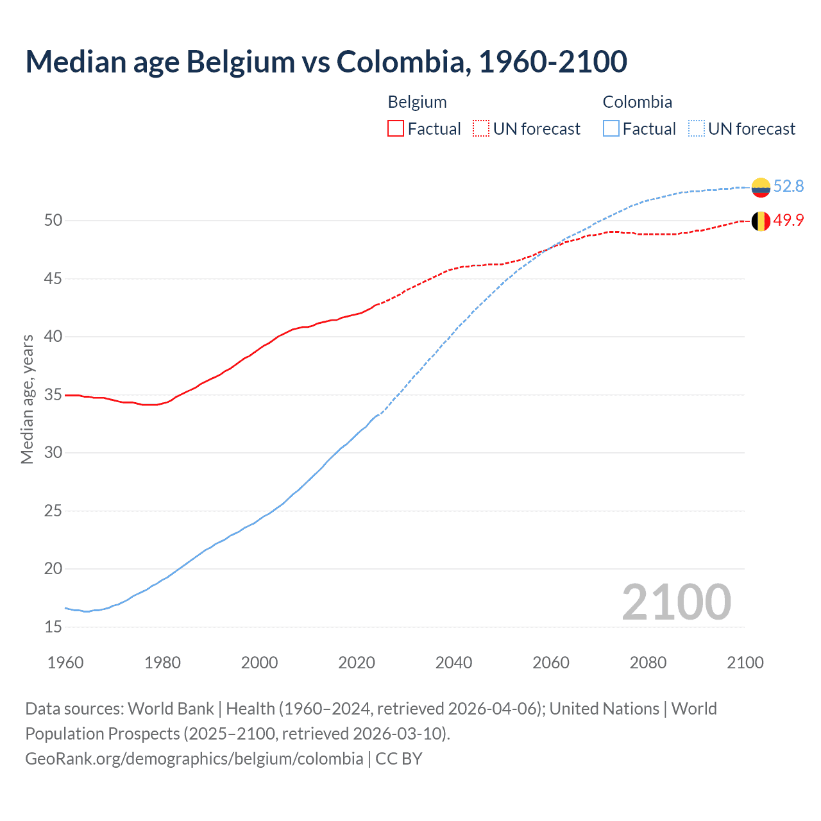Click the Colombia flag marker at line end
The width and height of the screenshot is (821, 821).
(x=761, y=187)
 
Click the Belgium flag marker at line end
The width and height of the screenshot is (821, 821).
(x=761, y=221)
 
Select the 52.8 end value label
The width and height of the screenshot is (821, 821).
(x=788, y=186)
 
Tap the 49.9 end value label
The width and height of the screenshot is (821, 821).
(x=788, y=220)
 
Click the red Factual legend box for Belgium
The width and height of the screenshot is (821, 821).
(x=396, y=129)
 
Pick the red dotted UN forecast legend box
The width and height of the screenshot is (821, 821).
(x=481, y=129)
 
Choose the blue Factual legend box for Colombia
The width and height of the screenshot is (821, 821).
(x=611, y=129)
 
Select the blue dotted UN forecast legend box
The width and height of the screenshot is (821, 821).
(x=697, y=129)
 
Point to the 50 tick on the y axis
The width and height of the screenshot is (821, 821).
(x=53, y=220)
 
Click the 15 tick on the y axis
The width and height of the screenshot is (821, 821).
(x=53, y=627)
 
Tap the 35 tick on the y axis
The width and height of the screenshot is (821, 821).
(x=53, y=394)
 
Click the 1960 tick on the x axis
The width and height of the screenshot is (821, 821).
(x=65, y=663)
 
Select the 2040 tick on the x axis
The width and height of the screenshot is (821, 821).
(x=453, y=663)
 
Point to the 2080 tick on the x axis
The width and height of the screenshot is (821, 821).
(x=648, y=663)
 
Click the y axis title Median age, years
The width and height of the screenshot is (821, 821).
(x=27, y=399)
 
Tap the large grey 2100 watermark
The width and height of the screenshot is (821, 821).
(x=676, y=602)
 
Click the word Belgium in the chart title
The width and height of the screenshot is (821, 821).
(x=241, y=62)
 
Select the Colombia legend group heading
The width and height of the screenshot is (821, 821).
(x=637, y=102)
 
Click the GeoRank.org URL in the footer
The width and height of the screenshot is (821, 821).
(x=194, y=759)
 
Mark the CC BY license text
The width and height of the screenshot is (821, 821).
(x=399, y=759)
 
